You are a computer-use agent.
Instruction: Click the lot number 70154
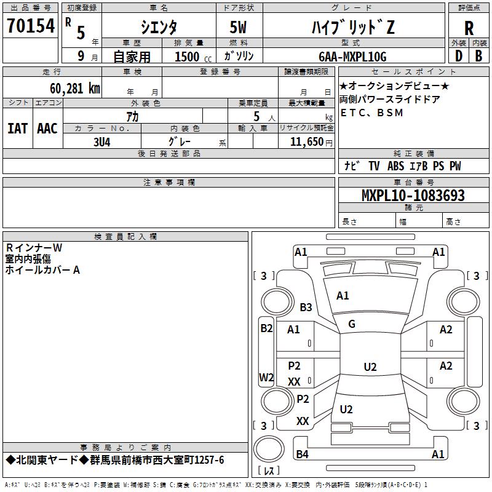pyautogui.click(x=31, y=25)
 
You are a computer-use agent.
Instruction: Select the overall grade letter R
pyautogui.click(x=469, y=28)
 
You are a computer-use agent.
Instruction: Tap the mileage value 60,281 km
pyautogui.click(x=75, y=89)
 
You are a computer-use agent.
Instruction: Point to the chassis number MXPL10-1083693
pyautogui.click(x=413, y=195)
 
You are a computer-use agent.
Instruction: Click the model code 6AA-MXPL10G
pyautogui.click(x=352, y=57)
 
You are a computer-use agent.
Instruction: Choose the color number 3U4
pyautogui.click(x=102, y=142)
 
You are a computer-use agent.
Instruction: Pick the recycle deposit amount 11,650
pyautogui.click(x=306, y=142)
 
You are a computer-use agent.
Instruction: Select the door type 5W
pyautogui.click(x=238, y=27)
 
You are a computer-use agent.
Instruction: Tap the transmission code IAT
pyautogui.click(x=18, y=129)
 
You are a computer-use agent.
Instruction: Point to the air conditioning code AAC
pyautogui.click(x=47, y=129)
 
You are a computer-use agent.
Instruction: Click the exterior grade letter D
pyautogui.click(x=459, y=56)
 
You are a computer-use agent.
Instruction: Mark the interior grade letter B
pyautogui.click(x=478, y=56)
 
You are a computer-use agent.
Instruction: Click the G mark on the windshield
pyautogui.click(x=352, y=324)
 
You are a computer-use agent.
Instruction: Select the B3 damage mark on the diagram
pyautogui.click(x=306, y=307)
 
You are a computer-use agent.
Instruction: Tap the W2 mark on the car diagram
pyautogui.click(x=266, y=377)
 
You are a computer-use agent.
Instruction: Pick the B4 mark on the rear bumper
pyautogui.click(x=302, y=454)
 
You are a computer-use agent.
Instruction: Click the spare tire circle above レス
pyautogui.click(x=269, y=448)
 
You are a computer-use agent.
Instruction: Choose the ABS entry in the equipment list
pyautogui.click(x=395, y=166)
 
